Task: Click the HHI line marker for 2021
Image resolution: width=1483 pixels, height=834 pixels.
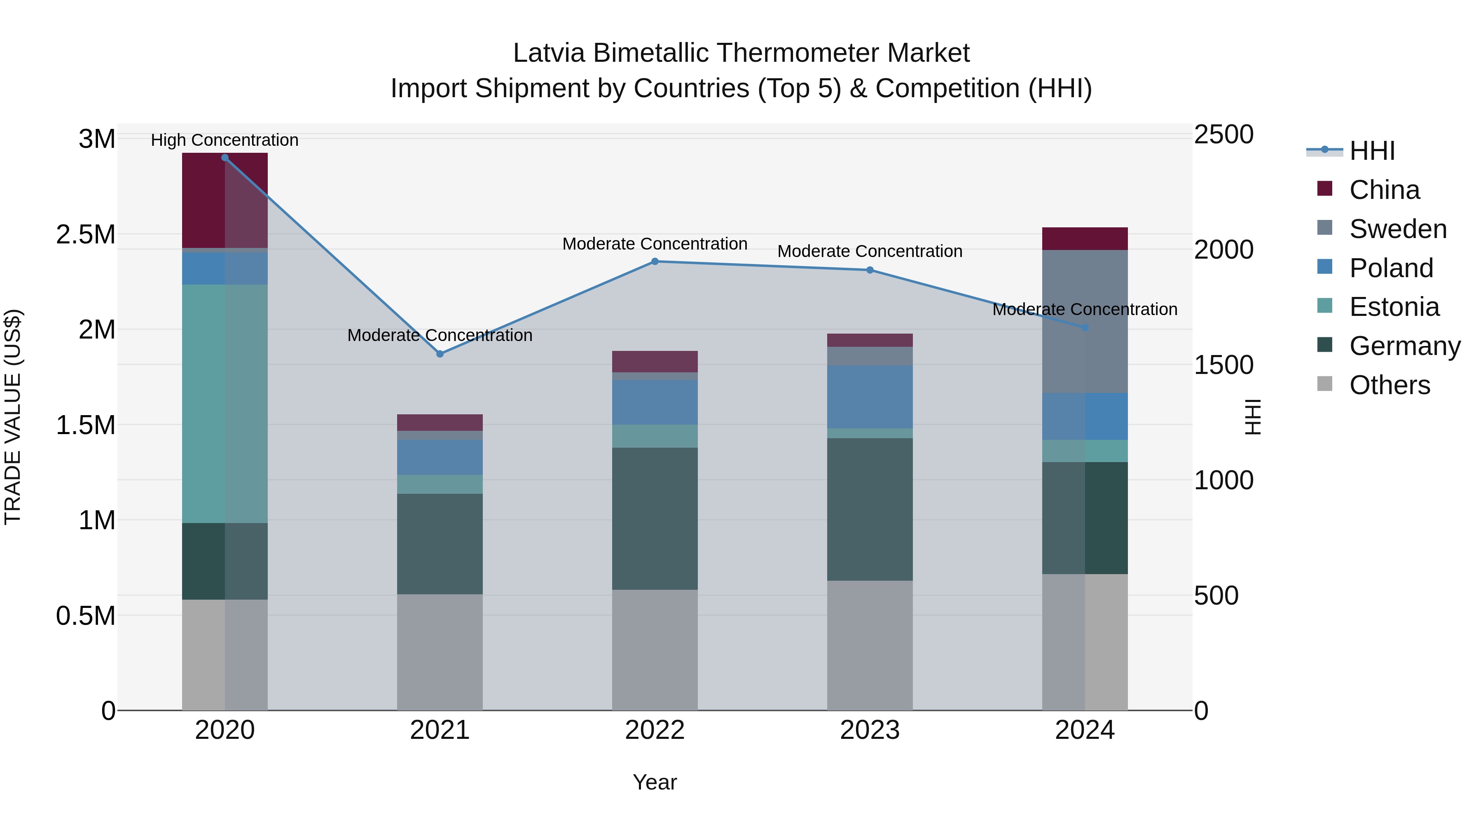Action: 440,354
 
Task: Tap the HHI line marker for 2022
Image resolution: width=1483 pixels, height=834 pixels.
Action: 655,261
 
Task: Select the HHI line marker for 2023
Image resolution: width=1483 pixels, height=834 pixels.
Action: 870,270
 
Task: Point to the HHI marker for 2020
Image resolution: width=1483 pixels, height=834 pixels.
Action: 225,158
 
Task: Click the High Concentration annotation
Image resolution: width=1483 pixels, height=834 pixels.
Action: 225,140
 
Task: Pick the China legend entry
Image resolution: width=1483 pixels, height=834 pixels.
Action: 1384,190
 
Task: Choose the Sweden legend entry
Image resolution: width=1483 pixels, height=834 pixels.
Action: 1397,229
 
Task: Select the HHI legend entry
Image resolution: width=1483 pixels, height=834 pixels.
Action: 1372,151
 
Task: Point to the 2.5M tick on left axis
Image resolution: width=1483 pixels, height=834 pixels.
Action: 85,235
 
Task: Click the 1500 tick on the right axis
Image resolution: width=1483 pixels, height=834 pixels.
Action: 1223,365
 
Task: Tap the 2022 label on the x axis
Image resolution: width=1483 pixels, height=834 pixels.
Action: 655,730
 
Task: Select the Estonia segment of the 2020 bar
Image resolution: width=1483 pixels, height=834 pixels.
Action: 225,403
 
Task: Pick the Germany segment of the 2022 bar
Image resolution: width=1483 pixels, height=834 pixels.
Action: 655,518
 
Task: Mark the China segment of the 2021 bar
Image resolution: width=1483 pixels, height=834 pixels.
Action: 440,423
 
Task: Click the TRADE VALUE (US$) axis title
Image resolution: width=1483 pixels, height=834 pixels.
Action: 13,417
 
